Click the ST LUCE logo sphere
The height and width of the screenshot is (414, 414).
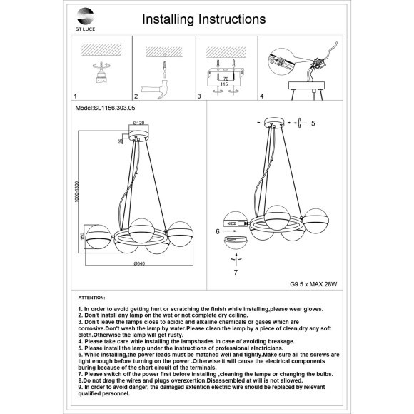(85, 16)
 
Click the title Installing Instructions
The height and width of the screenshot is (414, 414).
(204, 19)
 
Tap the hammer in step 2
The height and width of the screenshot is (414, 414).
(156, 91)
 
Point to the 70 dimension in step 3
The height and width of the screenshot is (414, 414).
(226, 79)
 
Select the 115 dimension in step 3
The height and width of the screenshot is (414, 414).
(224, 84)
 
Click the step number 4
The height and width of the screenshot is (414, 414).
(262, 96)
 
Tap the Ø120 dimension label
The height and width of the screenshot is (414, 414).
(138, 123)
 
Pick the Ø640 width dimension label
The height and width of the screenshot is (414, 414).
(139, 263)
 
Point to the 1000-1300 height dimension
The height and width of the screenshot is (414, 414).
(77, 192)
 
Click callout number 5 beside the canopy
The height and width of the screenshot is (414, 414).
(313, 123)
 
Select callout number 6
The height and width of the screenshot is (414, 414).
(217, 231)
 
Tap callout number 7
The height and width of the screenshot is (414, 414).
(236, 272)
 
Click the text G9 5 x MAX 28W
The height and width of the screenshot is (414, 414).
(313, 284)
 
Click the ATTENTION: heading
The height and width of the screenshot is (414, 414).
(91, 298)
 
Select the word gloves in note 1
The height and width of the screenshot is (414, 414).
(313, 309)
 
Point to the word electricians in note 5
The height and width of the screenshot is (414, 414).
(266, 348)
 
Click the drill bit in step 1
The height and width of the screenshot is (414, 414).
(101, 66)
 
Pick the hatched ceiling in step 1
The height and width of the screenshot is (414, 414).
(101, 50)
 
